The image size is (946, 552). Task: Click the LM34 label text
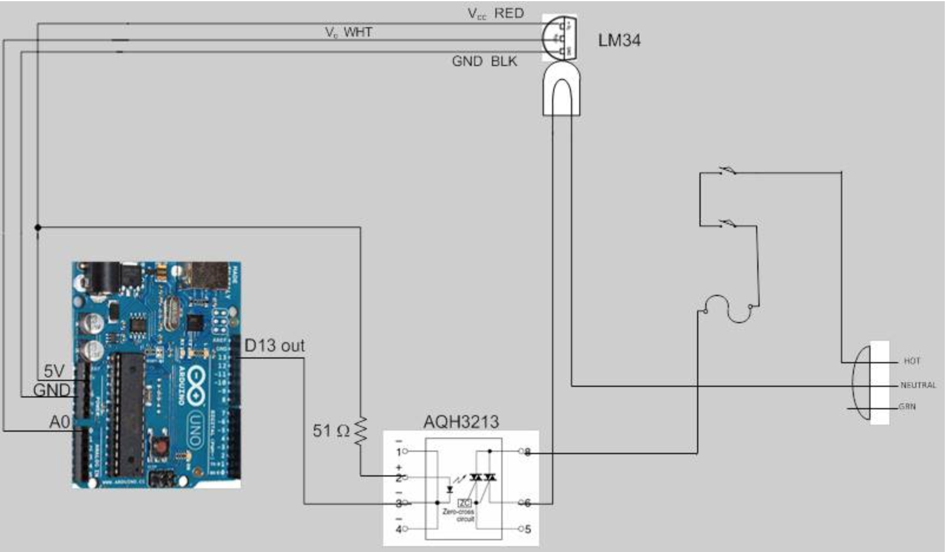[x=619, y=40]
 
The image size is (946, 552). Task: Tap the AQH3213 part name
[x=461, y=422]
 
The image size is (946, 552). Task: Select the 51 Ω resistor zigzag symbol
[x=360, y=430]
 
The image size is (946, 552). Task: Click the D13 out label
[x=274, y=346]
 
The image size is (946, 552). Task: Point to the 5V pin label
[x=54, y=371]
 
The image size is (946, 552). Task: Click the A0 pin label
[x=60, y=422]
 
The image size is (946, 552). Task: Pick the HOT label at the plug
[x=911, y=361]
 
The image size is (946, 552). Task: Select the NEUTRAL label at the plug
[x=918, y=385]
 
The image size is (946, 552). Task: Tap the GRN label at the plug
[x=907, y=407]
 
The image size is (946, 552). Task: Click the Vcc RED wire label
[x=495, y=14]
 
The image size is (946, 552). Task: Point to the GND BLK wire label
[x=484, y=61]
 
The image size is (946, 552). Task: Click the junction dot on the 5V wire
[x=38, y=227]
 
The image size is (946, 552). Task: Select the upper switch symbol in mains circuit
[x=727, y=172]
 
